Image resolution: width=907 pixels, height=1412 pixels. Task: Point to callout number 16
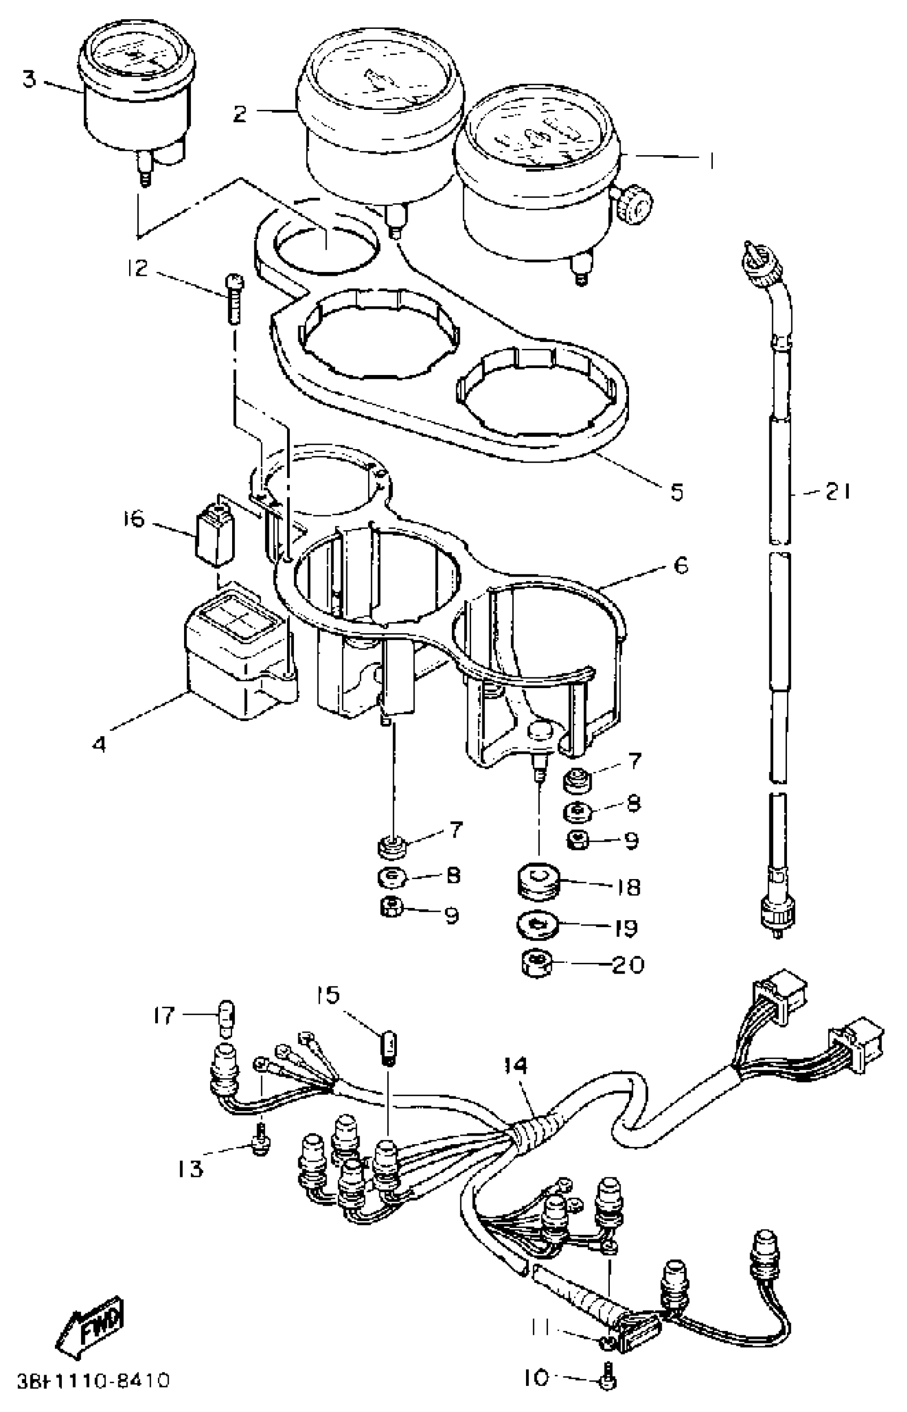[x=134, y=520]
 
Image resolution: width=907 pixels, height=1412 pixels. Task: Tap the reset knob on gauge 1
[x=636, y=204]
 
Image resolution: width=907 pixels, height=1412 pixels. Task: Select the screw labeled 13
[x=259, y=1143]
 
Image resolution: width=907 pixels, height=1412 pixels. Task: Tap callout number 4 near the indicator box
[x=100, y=745]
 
